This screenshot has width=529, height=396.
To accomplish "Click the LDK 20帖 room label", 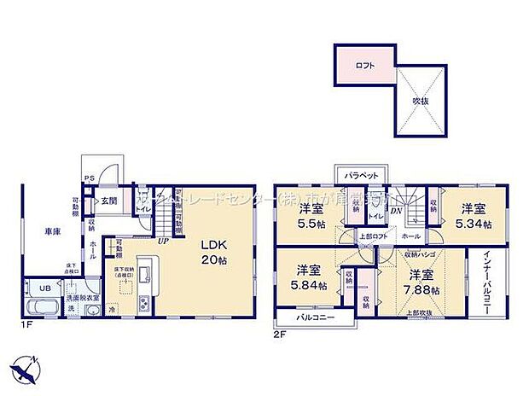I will (x=212, y=250).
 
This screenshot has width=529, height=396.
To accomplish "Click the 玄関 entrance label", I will (x=109, y=201).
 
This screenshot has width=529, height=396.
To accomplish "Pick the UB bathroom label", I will (x=44, y=288).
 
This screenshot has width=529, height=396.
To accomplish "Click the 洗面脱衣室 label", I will (x=84, y=298).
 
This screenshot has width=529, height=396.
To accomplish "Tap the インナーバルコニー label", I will (x=485, y=282).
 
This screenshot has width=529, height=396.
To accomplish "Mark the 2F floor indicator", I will (x=278, y=334).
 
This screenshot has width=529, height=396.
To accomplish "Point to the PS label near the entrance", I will (x=88, y=178).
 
